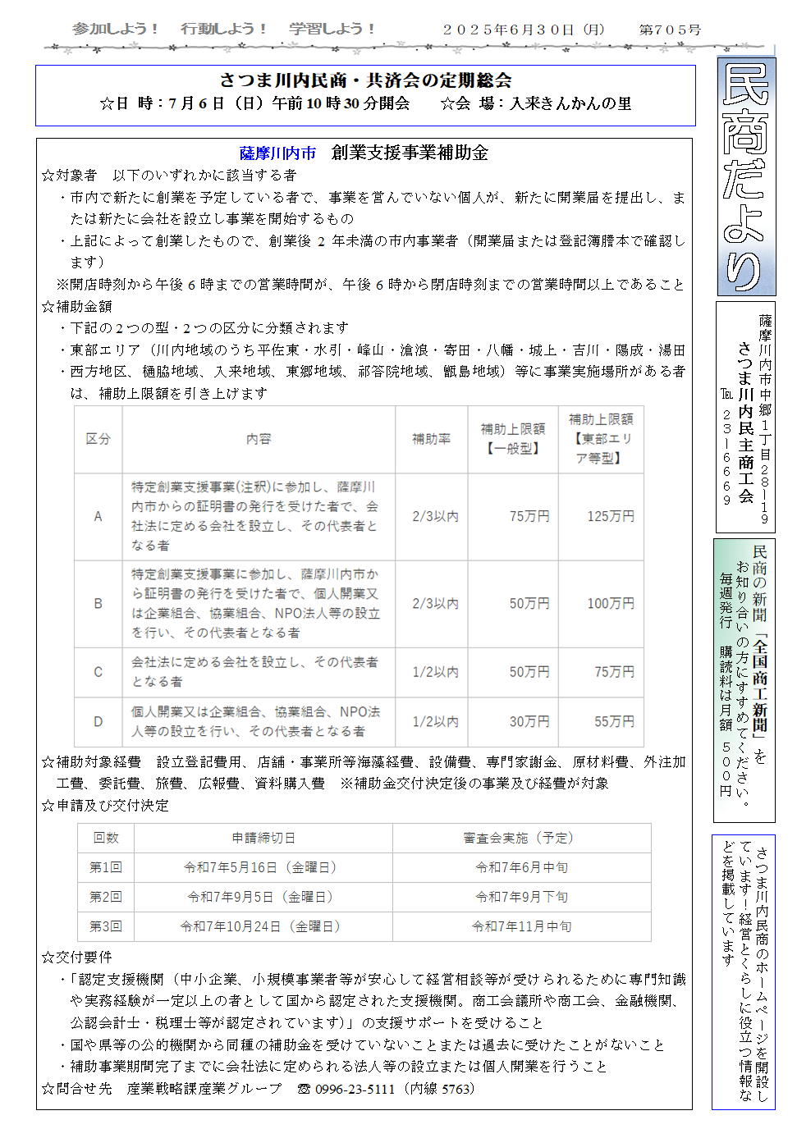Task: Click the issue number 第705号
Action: point(670,30)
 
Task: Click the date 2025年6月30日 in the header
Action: point(523,30)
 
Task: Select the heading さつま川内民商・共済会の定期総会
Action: point(365,80)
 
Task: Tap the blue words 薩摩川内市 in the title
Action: point(277,153)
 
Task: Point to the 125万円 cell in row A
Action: point(611,516)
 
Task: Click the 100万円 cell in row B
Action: point(611,604)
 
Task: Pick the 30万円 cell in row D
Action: point(529,721)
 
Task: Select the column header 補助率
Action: point(431,439)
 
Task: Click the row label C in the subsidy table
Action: point(98,672)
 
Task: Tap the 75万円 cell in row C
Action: point(614,672)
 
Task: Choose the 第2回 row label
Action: point(106,897)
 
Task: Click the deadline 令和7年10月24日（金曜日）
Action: point(261,926)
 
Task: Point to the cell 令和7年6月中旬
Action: point(521,867)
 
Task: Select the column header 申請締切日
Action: point(263,838)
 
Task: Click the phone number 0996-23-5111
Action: point(355,1090)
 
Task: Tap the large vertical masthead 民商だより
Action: point(746,176)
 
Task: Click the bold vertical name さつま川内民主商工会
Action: point(745,418)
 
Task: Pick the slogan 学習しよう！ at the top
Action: point(332,29)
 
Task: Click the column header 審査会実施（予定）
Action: point(521,838)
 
